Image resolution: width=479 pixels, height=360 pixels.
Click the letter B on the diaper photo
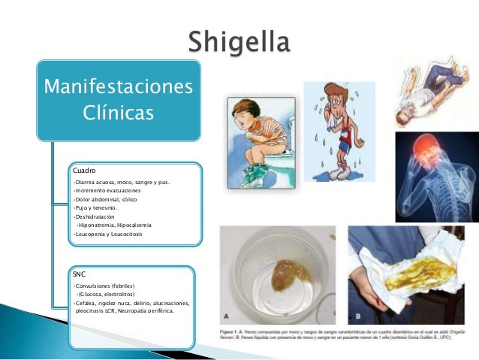click(357, 316)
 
